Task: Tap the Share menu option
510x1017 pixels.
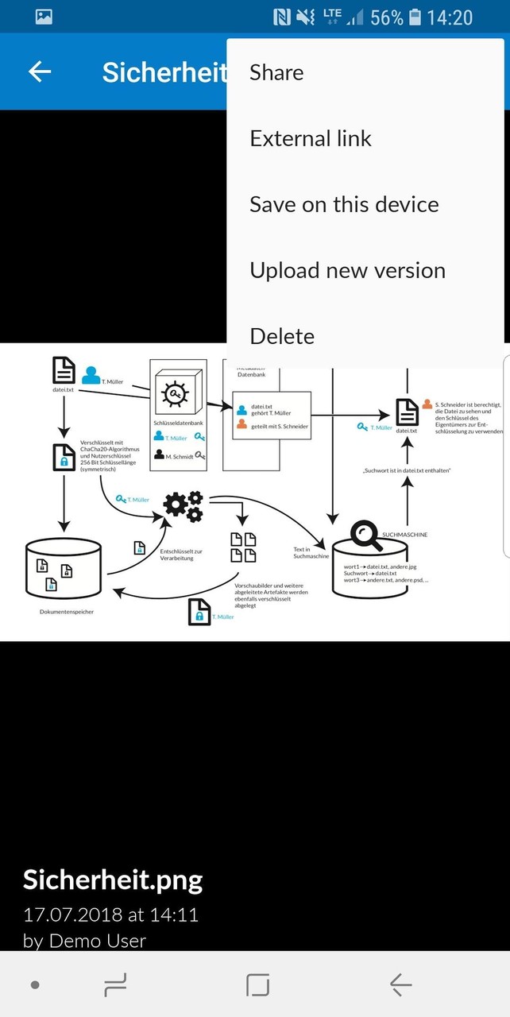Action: (276, 73)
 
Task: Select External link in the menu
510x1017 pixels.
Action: (311, 139)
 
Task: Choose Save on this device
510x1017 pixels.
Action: (344, 205)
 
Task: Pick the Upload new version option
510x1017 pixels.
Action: (347, 271)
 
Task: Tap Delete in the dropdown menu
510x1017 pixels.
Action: (282, 337)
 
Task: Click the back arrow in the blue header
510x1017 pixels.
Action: (40, 72)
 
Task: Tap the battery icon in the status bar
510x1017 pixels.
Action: (415, 17)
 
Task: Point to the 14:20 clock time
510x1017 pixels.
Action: (450, 17)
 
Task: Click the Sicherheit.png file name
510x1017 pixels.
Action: (113, 880)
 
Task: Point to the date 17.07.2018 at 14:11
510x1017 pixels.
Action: (110, 915)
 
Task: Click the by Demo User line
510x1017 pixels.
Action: (85, 942)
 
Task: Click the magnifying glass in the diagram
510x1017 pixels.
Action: (366, 535)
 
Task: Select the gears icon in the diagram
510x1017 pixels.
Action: (183, 506)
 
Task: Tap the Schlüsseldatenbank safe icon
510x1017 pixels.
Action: (178, 395)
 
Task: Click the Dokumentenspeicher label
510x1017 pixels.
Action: (67, 612)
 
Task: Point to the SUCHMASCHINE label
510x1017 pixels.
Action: (405, 535)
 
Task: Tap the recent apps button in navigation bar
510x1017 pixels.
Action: (116, 985)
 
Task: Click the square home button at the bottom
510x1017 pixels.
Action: (257, 985)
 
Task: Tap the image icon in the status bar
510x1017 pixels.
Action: (44, 17)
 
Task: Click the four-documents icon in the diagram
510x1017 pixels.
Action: (243, 547)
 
